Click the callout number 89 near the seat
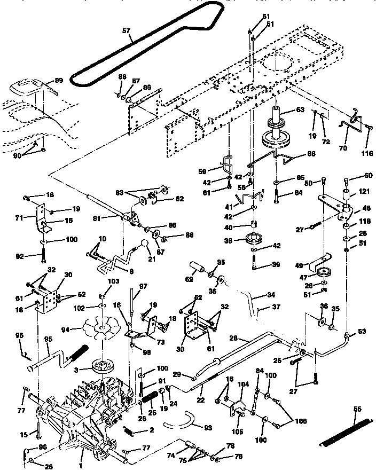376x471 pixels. [x=58, y=81]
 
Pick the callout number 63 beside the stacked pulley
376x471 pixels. [x=300, y=111]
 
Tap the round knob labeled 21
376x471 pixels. [x=144, y=245]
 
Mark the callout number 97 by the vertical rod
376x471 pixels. [x=143, y=287]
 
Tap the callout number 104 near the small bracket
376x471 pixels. [x=243, y=384]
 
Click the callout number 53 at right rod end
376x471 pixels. [x=362, y=332]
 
